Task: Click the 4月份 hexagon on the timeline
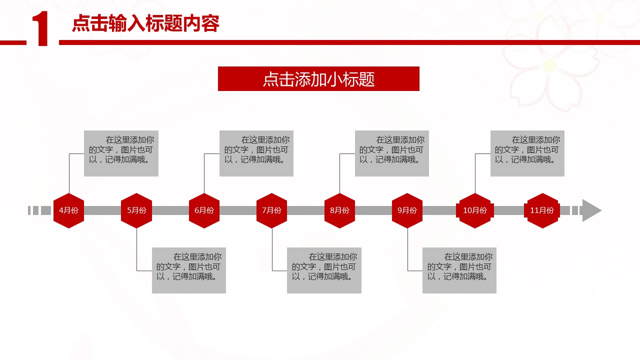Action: tap(68, 210)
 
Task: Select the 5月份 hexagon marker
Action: tap(136, 210)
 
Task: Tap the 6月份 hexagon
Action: tap(204, 210)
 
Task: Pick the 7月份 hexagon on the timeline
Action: tap(271, 210)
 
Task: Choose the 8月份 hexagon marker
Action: tap(339, 210)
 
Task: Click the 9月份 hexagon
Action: tap(407, 210)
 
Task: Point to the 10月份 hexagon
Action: tap(475, 210)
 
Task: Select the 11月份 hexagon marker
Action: tap(542, 210)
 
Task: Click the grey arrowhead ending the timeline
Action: tap(591, 210)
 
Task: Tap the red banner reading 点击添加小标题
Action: tap(318, 79)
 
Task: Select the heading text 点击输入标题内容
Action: tap(145, 23)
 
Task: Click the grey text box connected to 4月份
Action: tap(121, 153)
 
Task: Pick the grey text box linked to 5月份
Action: tap(189, 270)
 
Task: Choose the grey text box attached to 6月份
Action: tap(256, 153)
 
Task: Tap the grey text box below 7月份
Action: tap(324, 270)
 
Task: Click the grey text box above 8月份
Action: tap(392, 153)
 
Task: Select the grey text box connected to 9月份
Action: tap(459, 270)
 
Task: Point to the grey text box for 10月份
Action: tap(527, 153)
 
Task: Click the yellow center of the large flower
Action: tap(550, 65)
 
